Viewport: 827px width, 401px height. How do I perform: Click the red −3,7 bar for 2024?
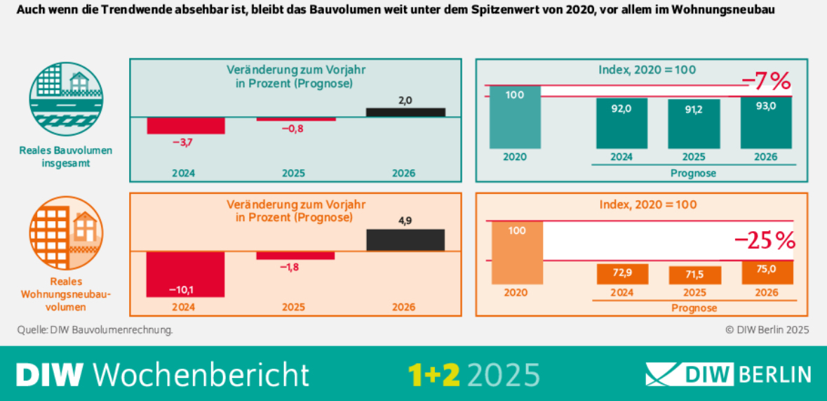(x=185, y=125)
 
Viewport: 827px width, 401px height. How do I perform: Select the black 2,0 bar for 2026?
(x=405, y=112)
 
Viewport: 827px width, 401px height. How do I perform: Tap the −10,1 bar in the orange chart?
(x=185, y=274)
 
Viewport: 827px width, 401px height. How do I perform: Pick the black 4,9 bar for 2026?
(x=405, y=239)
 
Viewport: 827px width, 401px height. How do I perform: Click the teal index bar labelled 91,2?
(x=694, y=124)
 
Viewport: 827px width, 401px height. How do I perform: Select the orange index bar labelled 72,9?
(x=622, y=274)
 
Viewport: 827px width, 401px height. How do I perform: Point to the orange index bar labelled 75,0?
(x=767, y=272)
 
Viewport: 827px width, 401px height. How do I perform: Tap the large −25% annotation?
(x=765, y=241)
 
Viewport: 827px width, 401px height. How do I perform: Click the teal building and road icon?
(x=66, y=97)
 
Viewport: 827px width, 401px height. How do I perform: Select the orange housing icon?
(x=66, y=232)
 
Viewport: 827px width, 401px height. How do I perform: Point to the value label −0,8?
(x=293, y=129)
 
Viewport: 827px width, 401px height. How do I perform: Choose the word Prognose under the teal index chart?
(x=694, y=173)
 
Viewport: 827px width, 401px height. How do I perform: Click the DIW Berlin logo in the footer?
(x=728, y=374)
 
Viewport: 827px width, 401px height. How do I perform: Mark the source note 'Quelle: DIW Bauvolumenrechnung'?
(x=95, y=329)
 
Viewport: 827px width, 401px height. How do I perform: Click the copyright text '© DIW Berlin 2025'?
(x=767, y=329)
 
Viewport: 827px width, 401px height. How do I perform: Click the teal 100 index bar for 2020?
(x=515, y=117)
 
